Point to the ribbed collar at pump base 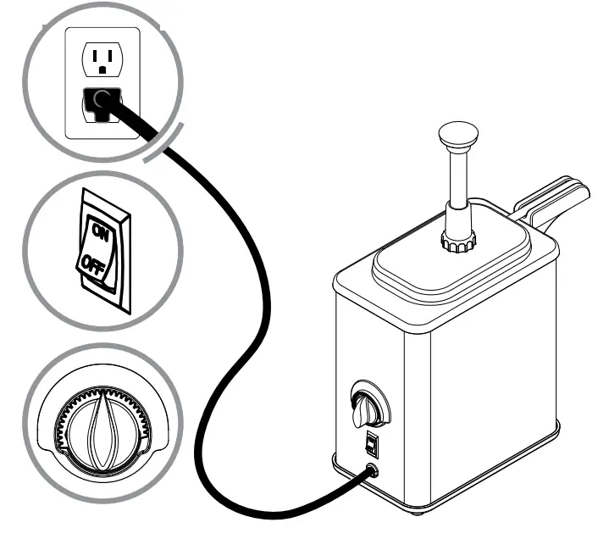click(x=457, y=243)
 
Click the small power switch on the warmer click(x=371, y=442)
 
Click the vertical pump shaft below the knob click(x=459, y=182)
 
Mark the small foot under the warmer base click(x=420, y=511)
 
